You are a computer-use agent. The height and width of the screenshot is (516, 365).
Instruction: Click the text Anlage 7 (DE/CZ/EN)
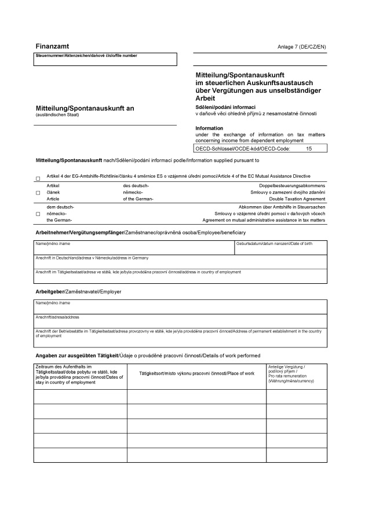click(302, 46)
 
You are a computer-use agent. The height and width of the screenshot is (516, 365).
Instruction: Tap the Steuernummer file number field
click(106, 61)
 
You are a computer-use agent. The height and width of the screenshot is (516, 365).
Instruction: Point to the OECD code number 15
click(308, 149)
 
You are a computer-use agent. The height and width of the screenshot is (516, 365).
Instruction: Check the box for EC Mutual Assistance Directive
click(38, 178)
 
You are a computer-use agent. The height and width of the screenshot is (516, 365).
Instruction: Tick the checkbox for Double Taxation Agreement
click(38, 192)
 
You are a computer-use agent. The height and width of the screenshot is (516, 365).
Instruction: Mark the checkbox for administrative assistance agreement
click(38, 214)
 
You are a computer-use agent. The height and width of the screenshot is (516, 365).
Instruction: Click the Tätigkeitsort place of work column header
click(196, 374)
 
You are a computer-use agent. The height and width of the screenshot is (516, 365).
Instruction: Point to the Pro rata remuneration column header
click(296, 374)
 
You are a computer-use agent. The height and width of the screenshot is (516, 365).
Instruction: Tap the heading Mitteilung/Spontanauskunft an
click(85, 108)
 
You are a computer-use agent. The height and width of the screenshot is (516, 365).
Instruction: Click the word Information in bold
click(209, 128)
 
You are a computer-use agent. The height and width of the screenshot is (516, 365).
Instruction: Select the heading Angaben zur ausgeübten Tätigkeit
click(77, 355)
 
